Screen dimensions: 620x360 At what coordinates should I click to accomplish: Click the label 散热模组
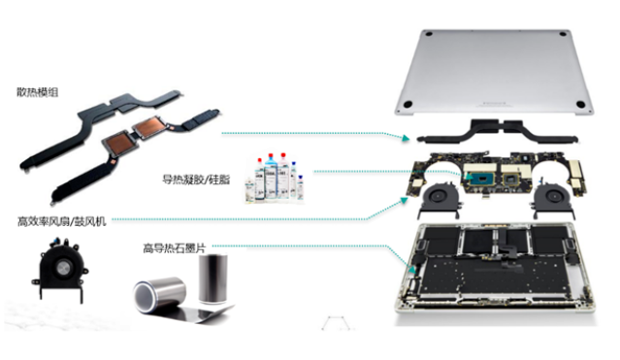38,92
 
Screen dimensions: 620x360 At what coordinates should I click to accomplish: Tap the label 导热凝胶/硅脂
196,180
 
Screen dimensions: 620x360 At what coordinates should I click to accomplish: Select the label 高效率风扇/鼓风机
62,220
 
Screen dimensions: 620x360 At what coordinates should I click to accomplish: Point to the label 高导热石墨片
175,248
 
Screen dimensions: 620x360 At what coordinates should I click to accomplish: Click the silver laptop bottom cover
494,71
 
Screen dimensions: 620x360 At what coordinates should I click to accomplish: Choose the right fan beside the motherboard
553,198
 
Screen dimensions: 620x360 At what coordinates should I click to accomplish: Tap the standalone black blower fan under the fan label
59,269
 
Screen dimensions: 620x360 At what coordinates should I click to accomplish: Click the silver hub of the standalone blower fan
62,268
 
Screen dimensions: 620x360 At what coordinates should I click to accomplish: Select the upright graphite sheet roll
212,278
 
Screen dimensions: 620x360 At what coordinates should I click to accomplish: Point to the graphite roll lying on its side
159,295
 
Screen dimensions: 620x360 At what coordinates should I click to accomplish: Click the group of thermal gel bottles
275,178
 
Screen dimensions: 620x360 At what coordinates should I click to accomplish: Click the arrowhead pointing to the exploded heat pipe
406,138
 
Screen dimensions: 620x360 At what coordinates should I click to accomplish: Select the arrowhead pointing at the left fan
404,200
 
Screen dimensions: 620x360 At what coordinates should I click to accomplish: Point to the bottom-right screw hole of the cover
580,105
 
